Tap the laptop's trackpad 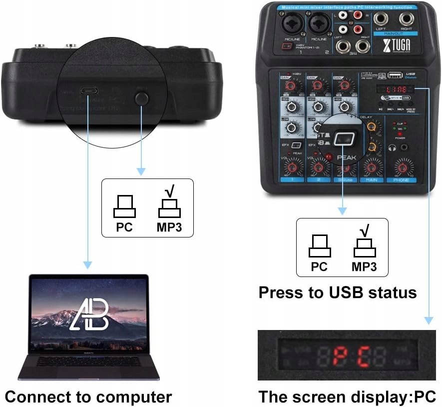(x=89, y=372)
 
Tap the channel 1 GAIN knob (x=288, y=86)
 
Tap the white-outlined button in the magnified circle (x=344, y=139)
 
